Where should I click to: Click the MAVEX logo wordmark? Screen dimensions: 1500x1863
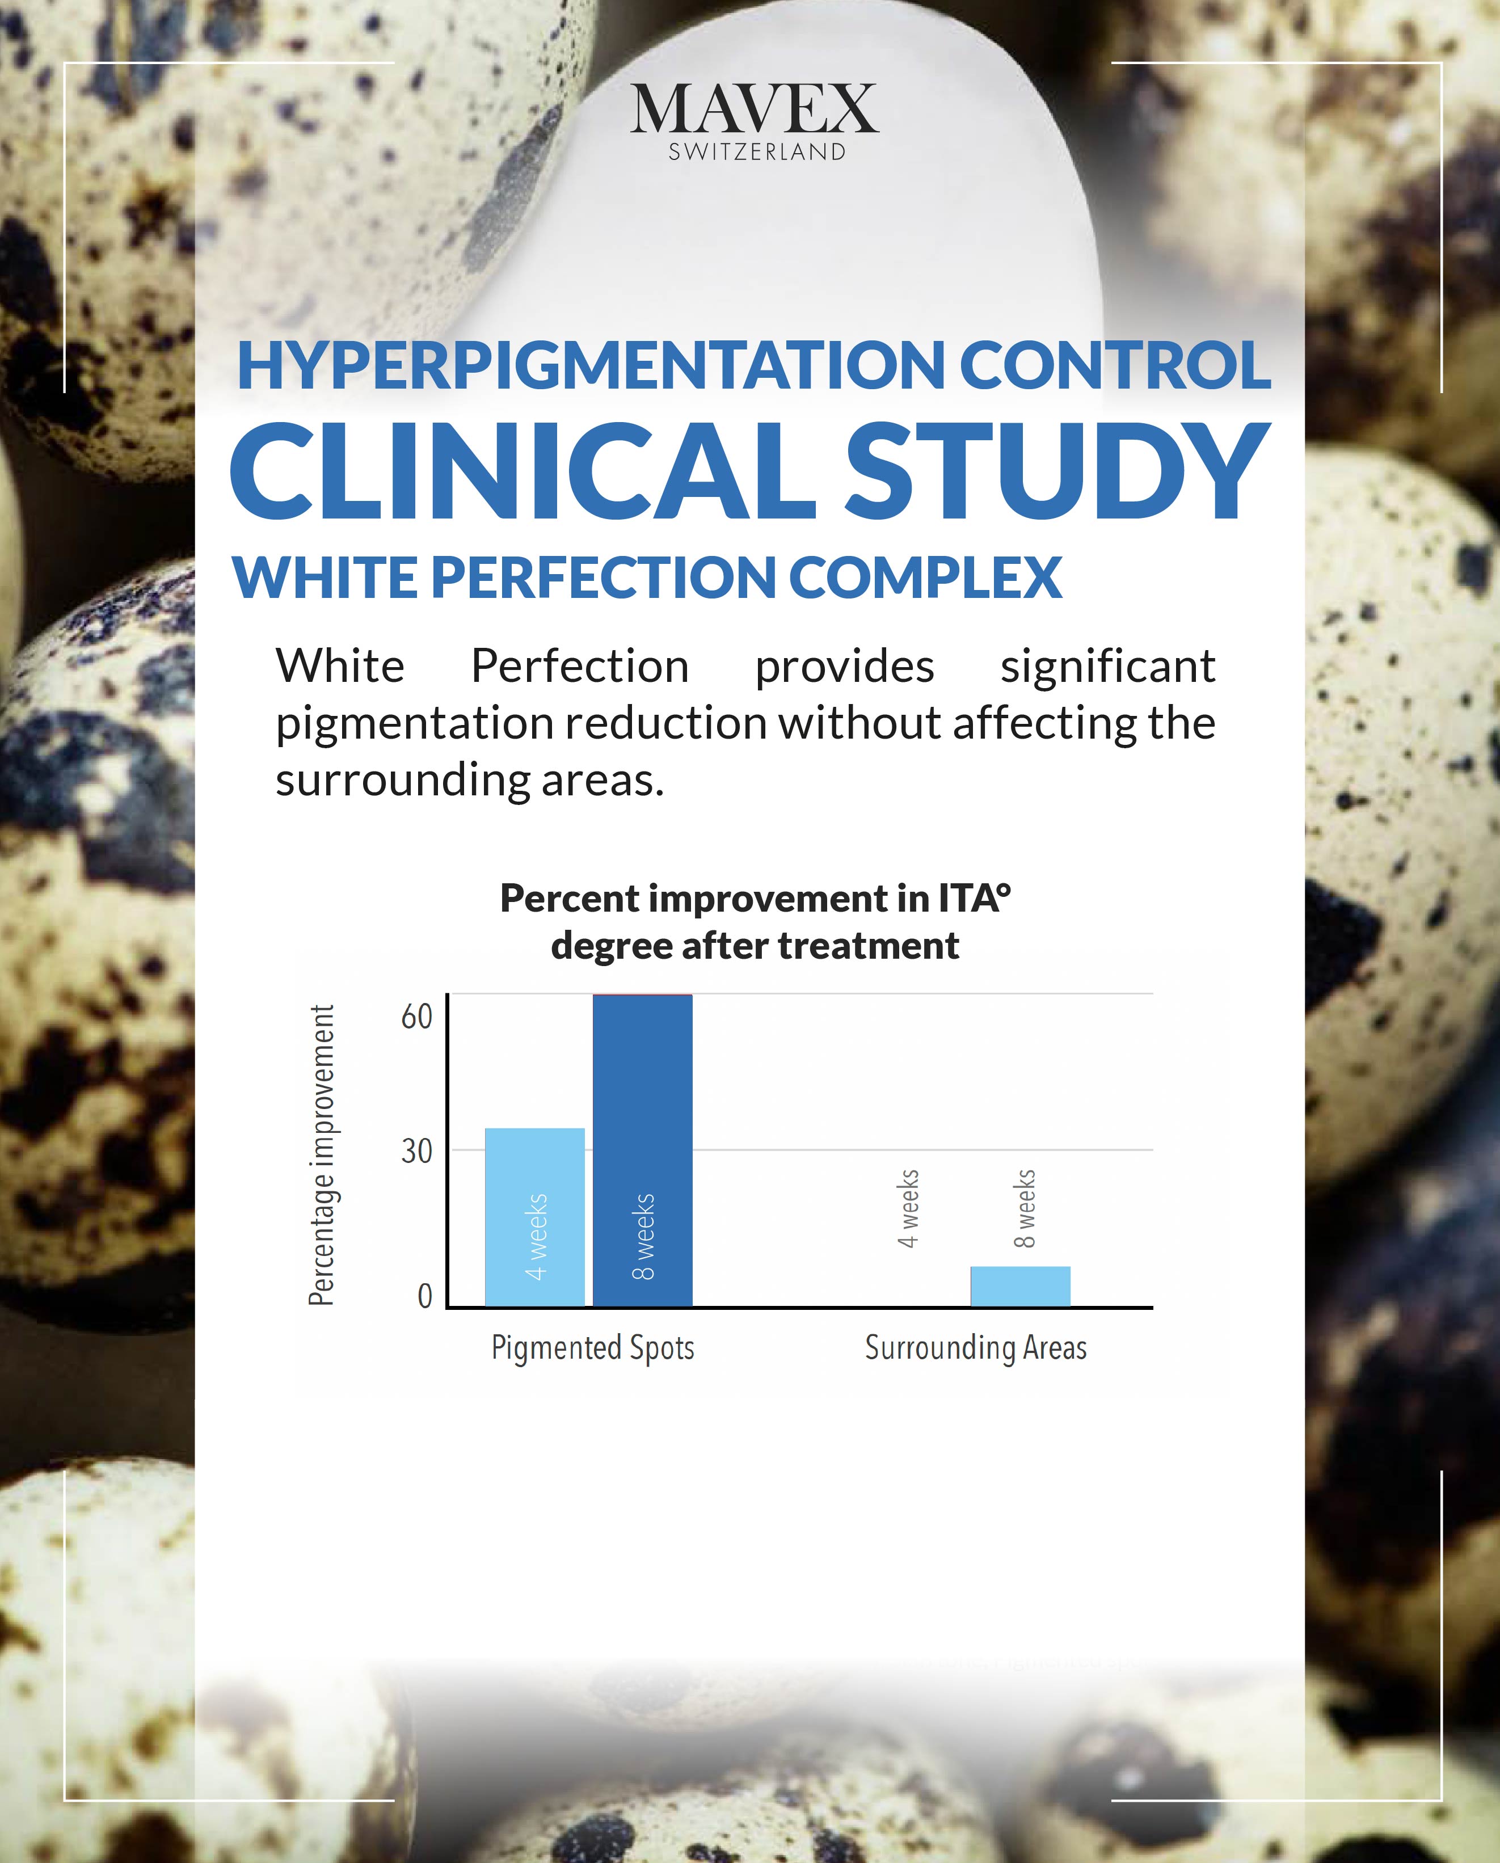(x=755, y=109)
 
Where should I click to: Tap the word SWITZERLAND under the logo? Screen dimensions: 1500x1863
(x=757, y=152)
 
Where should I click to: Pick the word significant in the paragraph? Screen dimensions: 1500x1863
(x=1108, y=667)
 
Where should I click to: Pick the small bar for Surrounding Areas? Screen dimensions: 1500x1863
(x=1021, y=1287)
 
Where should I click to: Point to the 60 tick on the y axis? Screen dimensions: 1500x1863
(x=416, y=1017)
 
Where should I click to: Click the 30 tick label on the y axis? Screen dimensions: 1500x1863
(x=416, y=1152)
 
